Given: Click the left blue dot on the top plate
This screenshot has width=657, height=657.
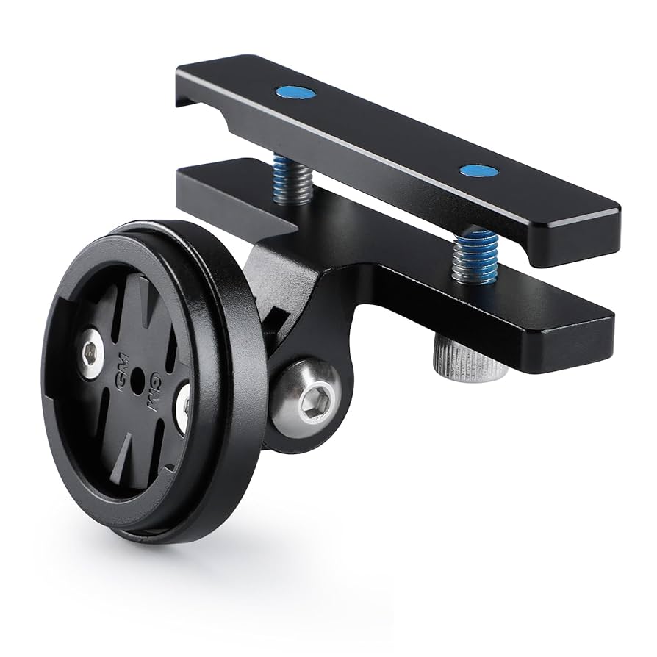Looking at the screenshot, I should click(295, 93).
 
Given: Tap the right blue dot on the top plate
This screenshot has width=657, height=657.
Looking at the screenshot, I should click(478, 170).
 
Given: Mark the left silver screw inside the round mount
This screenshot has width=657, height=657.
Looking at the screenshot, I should click(90, 353).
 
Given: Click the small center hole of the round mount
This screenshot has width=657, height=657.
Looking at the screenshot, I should click(137, 379).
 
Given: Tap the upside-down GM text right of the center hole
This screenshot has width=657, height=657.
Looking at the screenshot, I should click(155, 387).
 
